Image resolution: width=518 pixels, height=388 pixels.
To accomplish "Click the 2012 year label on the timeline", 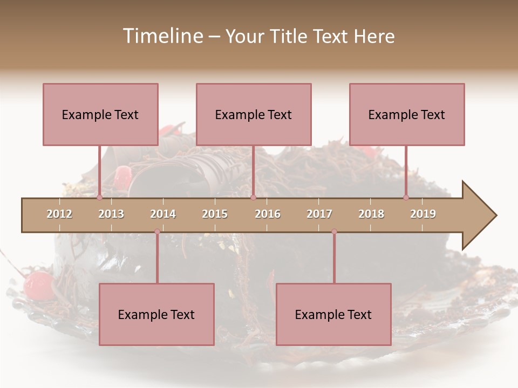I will point(59,214).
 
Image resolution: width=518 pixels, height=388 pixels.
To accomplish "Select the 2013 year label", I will point(111,214).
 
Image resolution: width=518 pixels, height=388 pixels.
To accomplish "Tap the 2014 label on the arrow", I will point(163,214).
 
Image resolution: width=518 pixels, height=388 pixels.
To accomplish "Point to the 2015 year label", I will point(215,214).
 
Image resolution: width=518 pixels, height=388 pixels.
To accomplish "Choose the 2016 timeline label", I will point(268,214).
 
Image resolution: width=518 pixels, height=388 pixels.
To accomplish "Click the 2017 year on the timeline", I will point(319,214).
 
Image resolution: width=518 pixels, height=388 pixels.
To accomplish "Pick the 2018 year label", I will point(371,214).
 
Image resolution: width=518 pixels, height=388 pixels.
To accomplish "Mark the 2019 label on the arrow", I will point(423,214).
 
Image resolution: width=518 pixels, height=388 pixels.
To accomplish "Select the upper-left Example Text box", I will point(100,114).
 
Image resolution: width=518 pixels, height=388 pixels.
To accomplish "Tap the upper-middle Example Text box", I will point(254,114).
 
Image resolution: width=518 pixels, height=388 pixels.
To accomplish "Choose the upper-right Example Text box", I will point(407,114).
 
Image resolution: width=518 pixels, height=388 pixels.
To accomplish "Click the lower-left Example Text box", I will point(156,314).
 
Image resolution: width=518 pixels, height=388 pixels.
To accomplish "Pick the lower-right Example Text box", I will point(333,314).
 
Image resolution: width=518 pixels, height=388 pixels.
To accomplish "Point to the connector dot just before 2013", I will point(99,197).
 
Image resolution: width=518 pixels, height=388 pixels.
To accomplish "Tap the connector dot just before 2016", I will point(253,197).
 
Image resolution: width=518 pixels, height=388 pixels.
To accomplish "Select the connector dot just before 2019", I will point(406,197).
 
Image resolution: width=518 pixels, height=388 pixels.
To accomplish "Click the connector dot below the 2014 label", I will point(157,231).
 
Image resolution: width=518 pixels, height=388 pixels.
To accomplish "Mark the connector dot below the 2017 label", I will point(334,231).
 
